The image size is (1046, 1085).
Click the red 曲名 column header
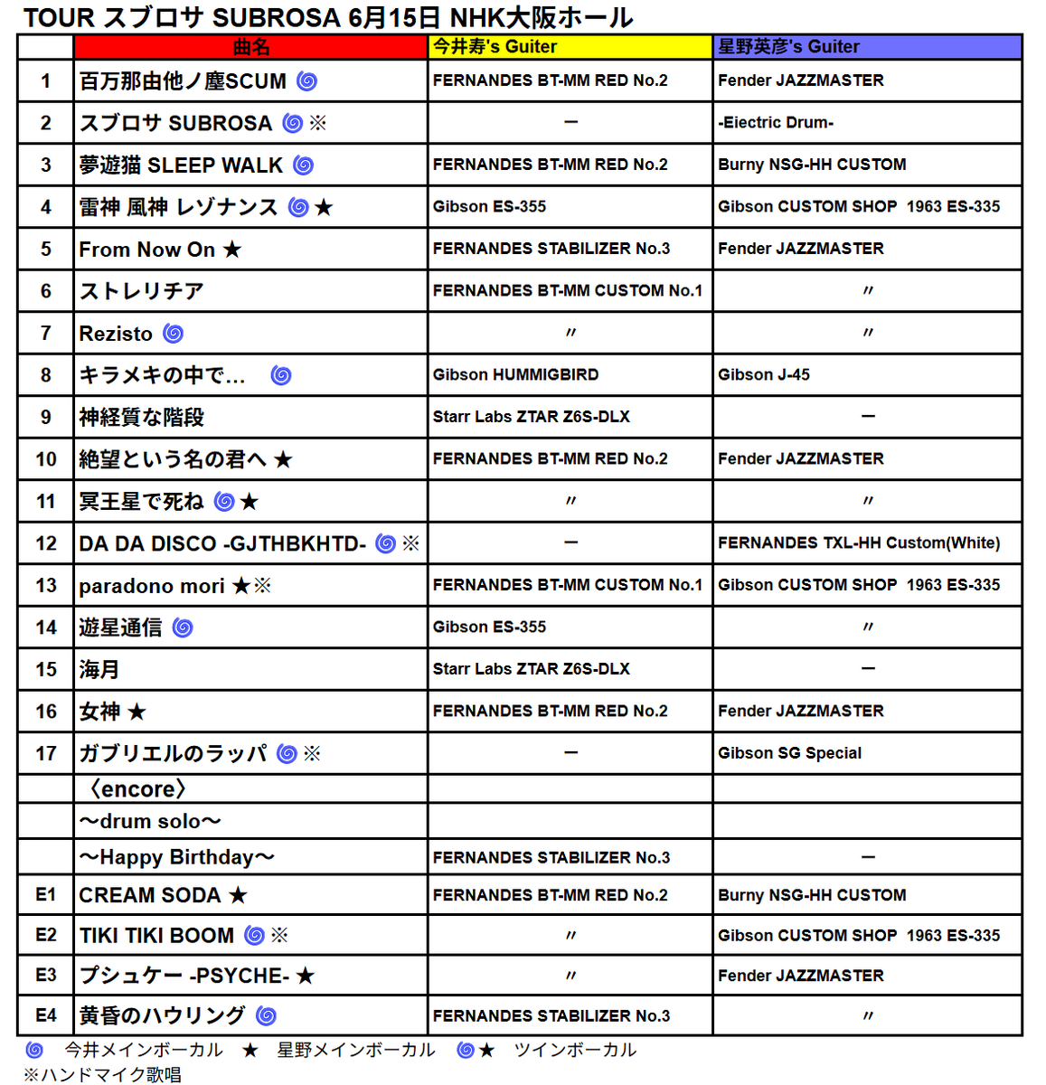pos(250,47)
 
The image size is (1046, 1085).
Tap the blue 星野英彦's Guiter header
pos(788,47)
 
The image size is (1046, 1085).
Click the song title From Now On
pos(147,250)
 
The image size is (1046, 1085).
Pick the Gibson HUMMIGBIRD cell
pos(515,375)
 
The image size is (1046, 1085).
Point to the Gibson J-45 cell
pos(764,375)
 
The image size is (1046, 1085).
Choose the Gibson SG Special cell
pos(789,753)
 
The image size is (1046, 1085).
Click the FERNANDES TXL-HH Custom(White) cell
pos(859,543)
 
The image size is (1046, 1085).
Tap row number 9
pos(46,418)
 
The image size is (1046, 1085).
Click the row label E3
pos(46,976)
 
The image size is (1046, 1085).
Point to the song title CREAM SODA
pos(150,895)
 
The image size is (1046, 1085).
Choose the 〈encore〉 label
pos(138,789)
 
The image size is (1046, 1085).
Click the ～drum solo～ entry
pos(150,822)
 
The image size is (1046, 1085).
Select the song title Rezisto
pos(116,334)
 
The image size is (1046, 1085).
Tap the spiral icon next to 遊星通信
pos(183,627)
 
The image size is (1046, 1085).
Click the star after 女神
pos(137,712)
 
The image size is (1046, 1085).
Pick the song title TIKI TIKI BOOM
pos(156,936)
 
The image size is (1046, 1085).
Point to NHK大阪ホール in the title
pos(542,17)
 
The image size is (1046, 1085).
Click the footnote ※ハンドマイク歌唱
pos(102,1074)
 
